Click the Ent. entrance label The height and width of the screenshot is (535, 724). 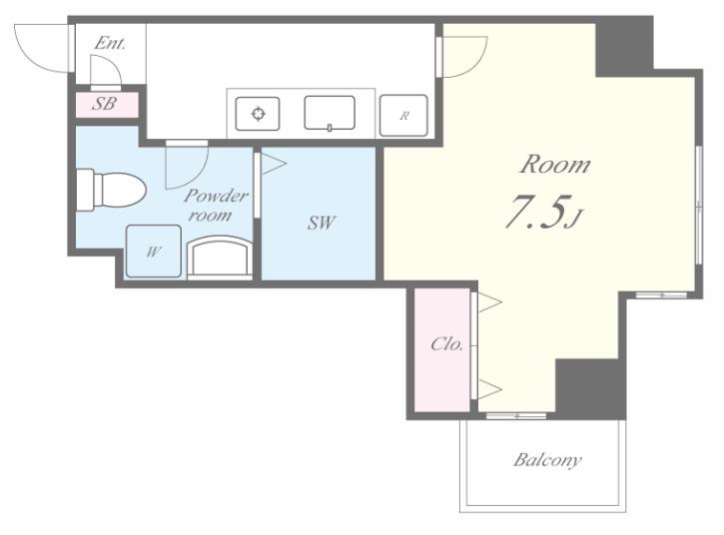[110, 43]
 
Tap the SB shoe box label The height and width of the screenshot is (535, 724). [104, 104]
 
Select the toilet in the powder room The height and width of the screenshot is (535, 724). [111, 190]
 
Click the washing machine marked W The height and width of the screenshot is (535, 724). [154, 252]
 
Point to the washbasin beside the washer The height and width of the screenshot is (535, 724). [220, 258]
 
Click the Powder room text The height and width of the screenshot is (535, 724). [215, 205]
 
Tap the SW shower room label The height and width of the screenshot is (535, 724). [322, 223]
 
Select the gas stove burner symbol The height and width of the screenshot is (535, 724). [258, 114]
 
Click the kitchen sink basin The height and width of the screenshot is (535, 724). [330, 113]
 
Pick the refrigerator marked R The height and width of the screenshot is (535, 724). [403, 116]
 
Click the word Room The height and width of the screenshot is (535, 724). [555, 165]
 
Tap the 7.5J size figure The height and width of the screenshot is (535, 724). [545, 212]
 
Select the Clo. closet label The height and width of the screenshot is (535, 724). [446, 344]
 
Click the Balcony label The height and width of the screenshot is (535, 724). [547, 460]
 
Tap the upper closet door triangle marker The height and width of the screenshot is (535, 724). [490, 302]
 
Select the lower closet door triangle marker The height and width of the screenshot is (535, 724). [490, 389]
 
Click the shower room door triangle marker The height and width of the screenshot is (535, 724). [274, 164]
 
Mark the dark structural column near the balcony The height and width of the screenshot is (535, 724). [590, 387]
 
